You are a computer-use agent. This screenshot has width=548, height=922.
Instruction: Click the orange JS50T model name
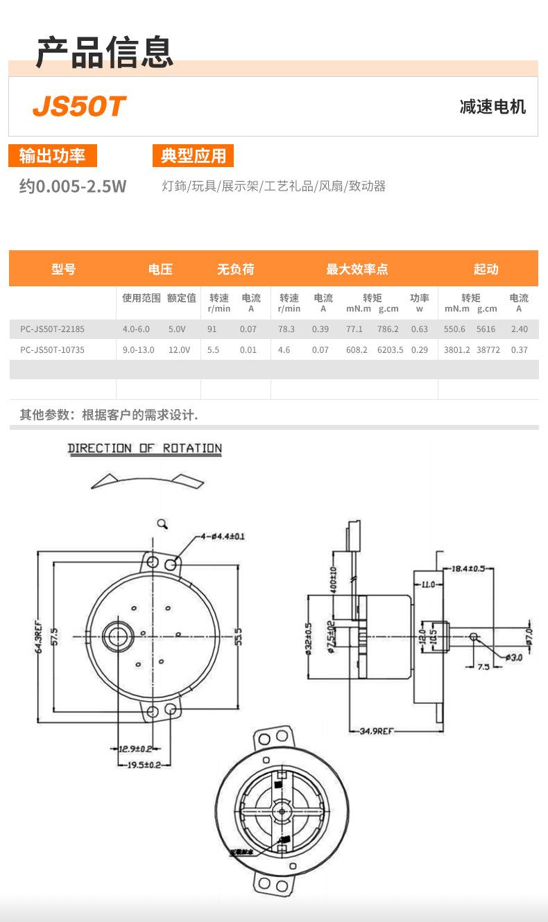click(79, 107)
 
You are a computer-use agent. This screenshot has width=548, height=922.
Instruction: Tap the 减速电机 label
click(493, 107)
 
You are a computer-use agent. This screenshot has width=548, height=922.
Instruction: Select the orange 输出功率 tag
click(53, 156)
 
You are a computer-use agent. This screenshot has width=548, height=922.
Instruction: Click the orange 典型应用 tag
click(194, 156)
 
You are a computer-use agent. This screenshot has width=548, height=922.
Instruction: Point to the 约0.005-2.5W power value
click(73, 186)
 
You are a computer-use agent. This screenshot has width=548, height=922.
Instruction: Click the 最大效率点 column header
click(357, 269)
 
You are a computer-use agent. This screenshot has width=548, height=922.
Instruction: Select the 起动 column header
click(486, 269)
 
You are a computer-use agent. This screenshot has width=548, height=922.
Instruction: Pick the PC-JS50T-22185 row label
click(52, 329)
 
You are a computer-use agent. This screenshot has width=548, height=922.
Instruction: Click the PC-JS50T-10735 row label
click(52, 350)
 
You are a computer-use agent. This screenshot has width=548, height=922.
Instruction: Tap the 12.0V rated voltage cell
click(179, 350)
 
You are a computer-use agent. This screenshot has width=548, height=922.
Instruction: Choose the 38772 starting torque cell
click(488, 350)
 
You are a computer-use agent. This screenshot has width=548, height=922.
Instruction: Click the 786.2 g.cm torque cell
click(388, 329)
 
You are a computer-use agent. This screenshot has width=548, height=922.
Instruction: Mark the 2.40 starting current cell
click(519, 329)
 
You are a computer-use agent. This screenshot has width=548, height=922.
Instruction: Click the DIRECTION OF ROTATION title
click(145, 449)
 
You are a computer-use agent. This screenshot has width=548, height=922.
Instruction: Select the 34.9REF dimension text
click(377, 731)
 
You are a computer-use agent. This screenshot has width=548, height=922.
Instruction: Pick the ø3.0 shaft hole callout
click(513, 656)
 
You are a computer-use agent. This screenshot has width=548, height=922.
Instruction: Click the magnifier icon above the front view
click(163, 524)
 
